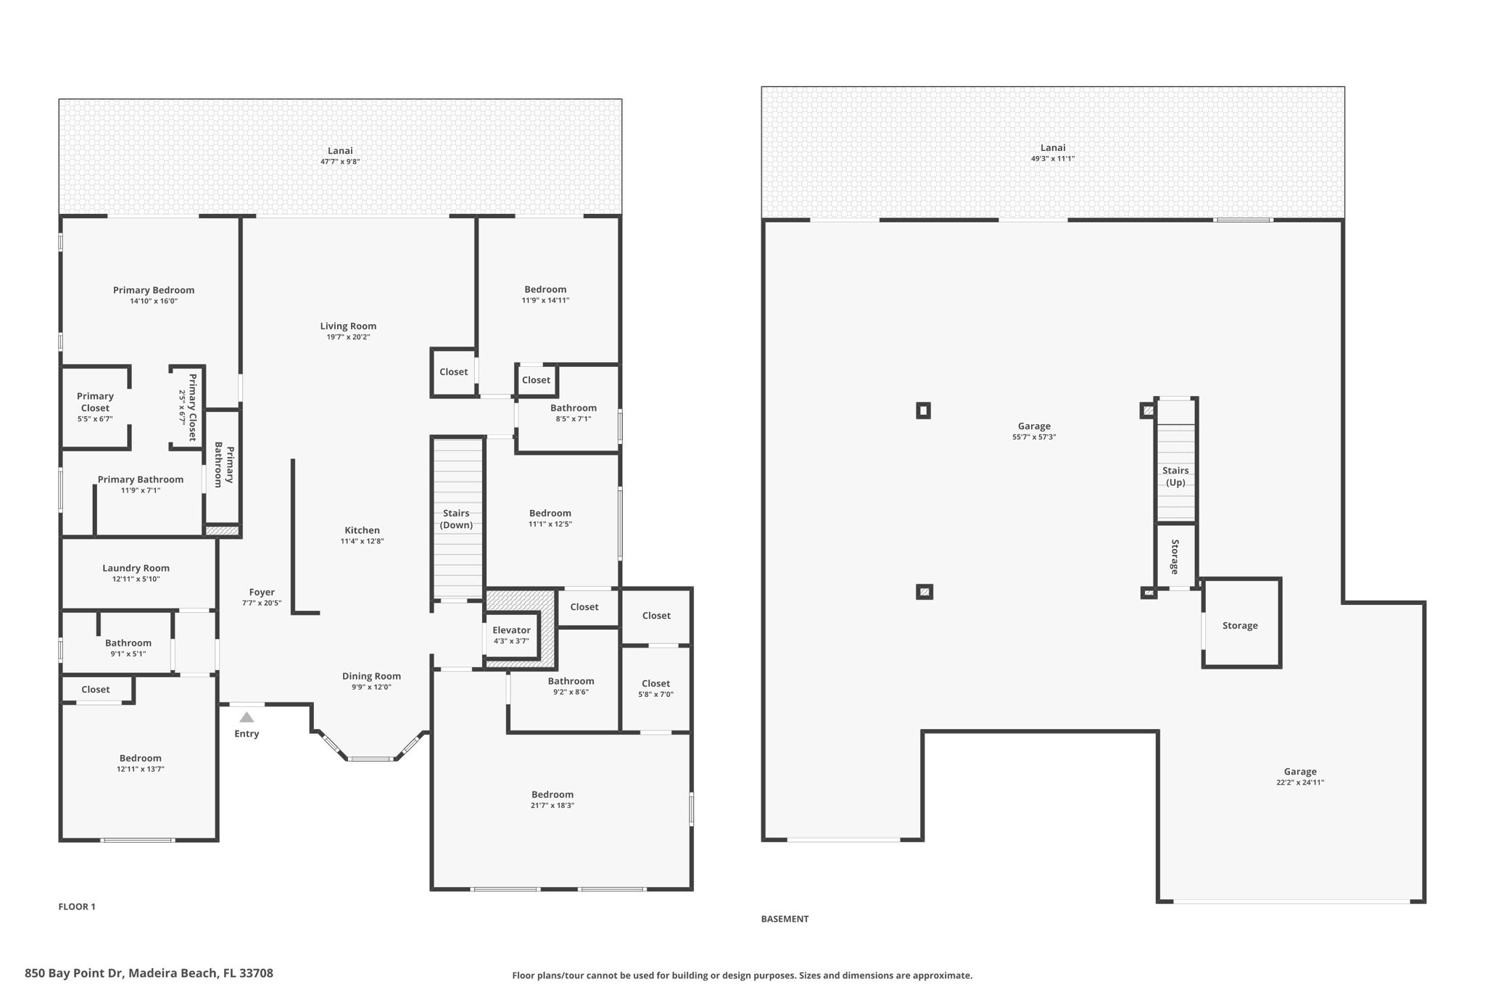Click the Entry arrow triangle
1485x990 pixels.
point(247,717)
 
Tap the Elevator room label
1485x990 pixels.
point(511,630)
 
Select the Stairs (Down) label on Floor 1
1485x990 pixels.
point(456,519)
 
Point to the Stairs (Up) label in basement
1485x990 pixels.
point(1175,477)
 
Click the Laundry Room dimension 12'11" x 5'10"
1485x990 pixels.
point(136,579)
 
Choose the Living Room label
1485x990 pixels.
point(348,326)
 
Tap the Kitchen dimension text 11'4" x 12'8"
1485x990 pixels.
point(362,541)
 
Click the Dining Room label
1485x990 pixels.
point(371,676)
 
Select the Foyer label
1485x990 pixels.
point(262,592)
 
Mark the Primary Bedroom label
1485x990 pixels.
point(154,290)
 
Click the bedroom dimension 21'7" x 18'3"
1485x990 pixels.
point(553,805)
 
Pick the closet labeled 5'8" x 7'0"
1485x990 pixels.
point(655,688)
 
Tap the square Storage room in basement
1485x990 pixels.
point(1240,625)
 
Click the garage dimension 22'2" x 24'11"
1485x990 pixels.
point(1300,783)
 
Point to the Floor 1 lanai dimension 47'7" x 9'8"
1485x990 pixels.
point(340,162)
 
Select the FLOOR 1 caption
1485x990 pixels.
point(77,907)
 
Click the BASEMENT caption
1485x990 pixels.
point(785,919)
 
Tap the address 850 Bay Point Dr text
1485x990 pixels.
point(149,973)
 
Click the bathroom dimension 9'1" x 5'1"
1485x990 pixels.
point(128,653)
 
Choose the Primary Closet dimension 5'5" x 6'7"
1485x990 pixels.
point(95,418)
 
